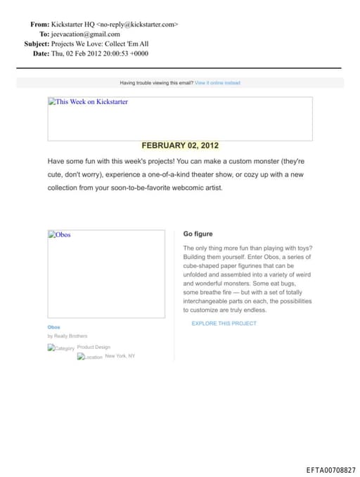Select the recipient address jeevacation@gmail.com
click(86, 34)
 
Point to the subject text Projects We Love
click(79, 44)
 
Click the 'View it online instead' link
click(217, 83)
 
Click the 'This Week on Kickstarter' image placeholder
click(179, 119)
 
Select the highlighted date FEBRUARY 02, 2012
click(180, 146)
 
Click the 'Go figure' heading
click(198, 234)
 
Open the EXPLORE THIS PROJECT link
click(224, 324)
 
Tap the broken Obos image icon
click(52, 235)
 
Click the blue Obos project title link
click(54, 327)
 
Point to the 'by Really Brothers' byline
click(67, 336)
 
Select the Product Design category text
click(94, 347)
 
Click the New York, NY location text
click(120, 356)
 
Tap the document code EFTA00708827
click(331, 470)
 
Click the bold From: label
click(39, 24)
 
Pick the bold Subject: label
click(37, 44)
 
